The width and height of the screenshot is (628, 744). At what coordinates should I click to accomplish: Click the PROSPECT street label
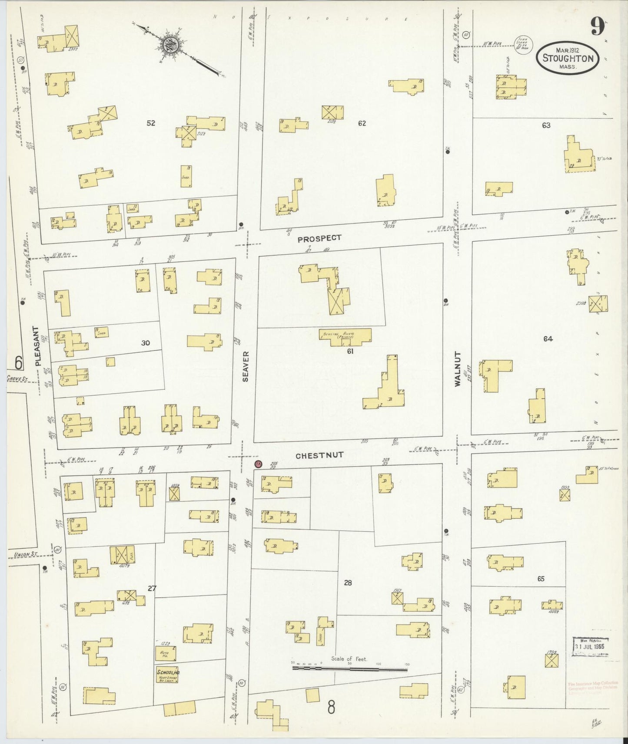click(x=319, y=238)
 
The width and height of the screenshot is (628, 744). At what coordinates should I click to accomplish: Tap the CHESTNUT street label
click(x=319, y=455)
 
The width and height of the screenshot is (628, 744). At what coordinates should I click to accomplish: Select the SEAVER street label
click(x=246, y=367)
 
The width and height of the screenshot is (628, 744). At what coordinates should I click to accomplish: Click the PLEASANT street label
click(x=38, y=346)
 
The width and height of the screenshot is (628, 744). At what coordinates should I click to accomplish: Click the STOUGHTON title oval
click(x=568, y=58)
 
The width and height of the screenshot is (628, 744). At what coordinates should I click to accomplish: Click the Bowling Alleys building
click(x=346, y=337)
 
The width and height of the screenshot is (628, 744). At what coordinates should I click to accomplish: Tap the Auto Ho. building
click(x=165, y=653)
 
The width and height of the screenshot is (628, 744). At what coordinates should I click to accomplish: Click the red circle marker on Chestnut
click(x=258, y=464)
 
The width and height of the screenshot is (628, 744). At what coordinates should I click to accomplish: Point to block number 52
click(x=150, y=123)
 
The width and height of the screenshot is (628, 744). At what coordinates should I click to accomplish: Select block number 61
click(x=350, y=351)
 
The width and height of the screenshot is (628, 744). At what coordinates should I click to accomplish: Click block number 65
click(x=540, y=579)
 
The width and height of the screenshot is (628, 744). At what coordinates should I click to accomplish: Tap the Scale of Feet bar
click(x=350, y=669)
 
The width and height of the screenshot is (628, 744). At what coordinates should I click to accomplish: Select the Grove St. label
click(x=17, y=379)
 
